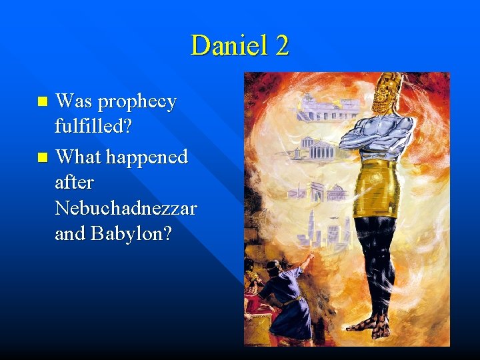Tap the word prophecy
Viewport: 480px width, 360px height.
(137, 103)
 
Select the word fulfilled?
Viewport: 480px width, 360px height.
(93, 127)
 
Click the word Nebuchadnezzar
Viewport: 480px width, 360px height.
(127, 209)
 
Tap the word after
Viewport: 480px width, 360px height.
(75, 182)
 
